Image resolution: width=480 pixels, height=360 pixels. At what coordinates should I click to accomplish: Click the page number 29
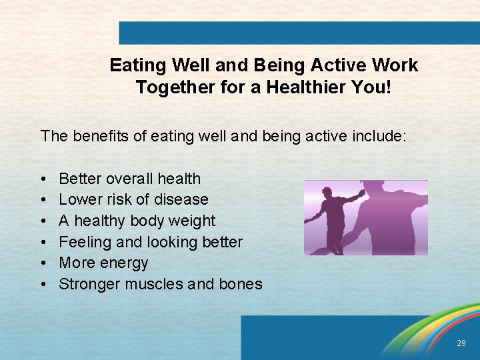click(x=461, y=343)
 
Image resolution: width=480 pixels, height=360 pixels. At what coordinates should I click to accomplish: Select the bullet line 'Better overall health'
click(x=129, y=179)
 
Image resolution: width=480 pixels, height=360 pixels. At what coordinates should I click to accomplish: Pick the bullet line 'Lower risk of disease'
click(x=133, y=199)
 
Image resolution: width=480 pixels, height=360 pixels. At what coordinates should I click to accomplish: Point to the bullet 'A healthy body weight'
click(x=137, y=221)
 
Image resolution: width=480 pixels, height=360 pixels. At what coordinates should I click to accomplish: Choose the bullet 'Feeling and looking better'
click(x=151, y=242)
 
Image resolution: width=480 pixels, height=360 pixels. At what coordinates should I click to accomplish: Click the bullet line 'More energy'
click(x=103, y=263)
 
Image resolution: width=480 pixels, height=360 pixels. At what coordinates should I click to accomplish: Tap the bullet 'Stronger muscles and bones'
click(x=161, y=284)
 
